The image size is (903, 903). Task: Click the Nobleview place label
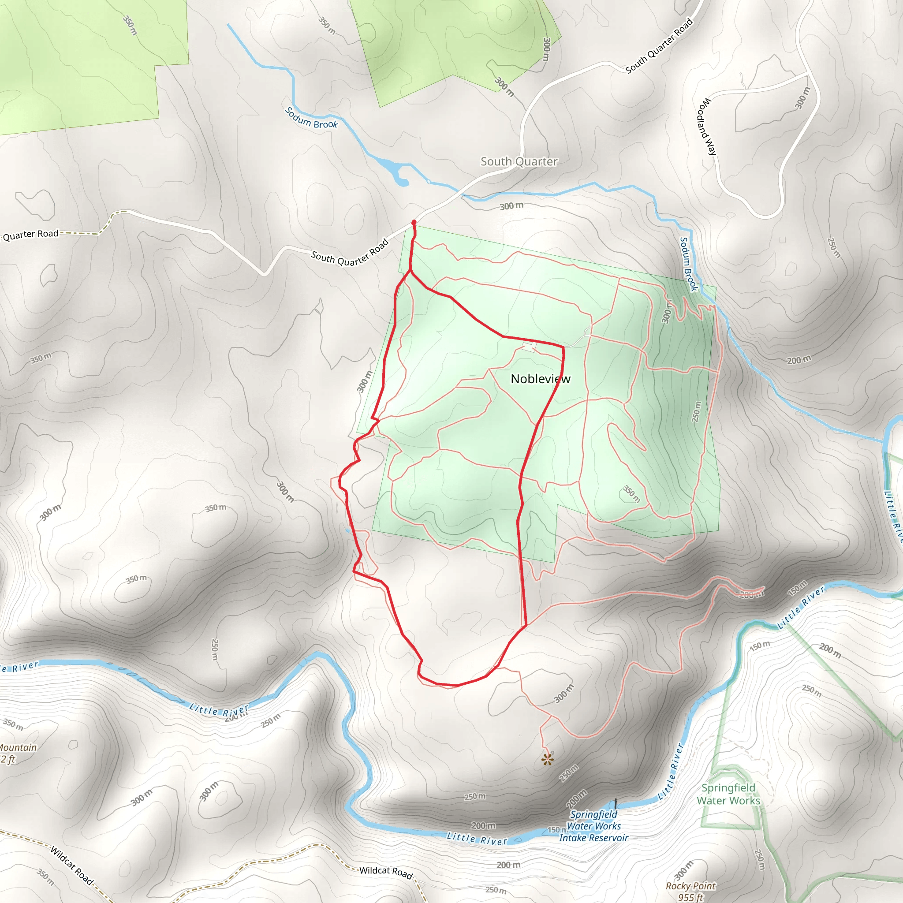tap(540, 379)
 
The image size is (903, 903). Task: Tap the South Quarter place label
tap(519, 162)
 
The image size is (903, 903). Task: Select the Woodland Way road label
tap(706, 126)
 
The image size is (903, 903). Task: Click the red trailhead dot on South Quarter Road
tap(414, 223)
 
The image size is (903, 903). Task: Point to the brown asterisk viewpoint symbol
tap(547, 760)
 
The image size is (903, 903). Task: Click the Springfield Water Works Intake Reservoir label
tap(593, 826)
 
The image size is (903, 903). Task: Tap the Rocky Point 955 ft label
tap(690, 891)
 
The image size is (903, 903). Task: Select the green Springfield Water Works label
tap(728, 794)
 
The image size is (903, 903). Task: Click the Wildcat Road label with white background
tap(386, 872)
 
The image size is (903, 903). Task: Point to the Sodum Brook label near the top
tap(311, 118)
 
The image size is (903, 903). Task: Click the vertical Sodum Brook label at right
tap(688, 264)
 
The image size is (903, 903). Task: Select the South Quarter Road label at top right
tap(659, 46)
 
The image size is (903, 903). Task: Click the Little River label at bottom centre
tap(477, 838)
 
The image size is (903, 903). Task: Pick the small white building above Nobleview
tap(528, 346)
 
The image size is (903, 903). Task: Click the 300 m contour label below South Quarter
tap(511, 206)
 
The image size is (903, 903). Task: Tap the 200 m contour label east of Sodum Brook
tap(799, 360)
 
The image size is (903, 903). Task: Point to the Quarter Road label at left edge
tap(31, 235)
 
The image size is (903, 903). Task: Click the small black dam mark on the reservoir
tap(616, 803)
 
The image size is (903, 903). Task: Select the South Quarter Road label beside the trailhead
tap(350, 253)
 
